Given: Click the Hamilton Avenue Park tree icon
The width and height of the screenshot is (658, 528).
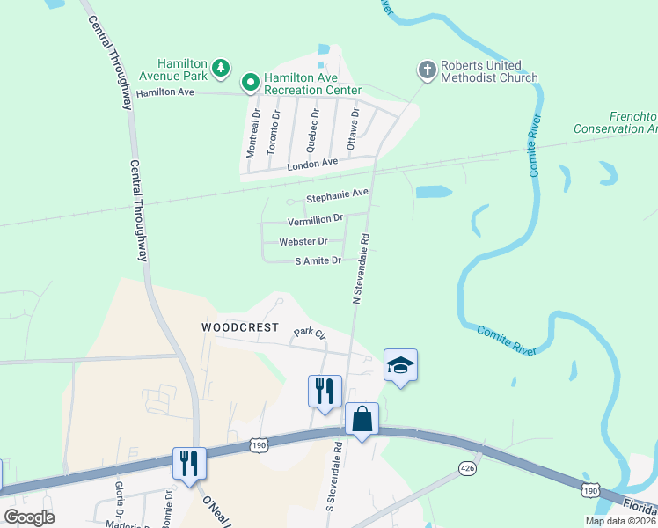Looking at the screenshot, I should (223, 68).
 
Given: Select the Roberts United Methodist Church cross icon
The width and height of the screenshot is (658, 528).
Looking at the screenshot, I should (427, 70).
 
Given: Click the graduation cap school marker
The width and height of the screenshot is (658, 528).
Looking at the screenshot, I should (400, 365).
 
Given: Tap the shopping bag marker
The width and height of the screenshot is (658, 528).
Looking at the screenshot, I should (362, 420).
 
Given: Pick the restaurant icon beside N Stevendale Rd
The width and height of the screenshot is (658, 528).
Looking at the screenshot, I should (325, 391).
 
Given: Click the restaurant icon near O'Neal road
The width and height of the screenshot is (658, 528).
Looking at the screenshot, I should (189, 463).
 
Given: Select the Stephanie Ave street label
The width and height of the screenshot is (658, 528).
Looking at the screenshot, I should (336, 194).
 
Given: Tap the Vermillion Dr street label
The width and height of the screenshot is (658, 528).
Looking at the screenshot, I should (315, 221).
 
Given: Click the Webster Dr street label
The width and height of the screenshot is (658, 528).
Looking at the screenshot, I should (303, 241).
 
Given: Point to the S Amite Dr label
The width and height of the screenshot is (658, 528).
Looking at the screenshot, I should (317, 260).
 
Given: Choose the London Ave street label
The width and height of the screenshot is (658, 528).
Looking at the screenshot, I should (311, 164).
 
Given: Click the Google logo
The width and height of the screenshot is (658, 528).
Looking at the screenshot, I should (30, 517).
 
